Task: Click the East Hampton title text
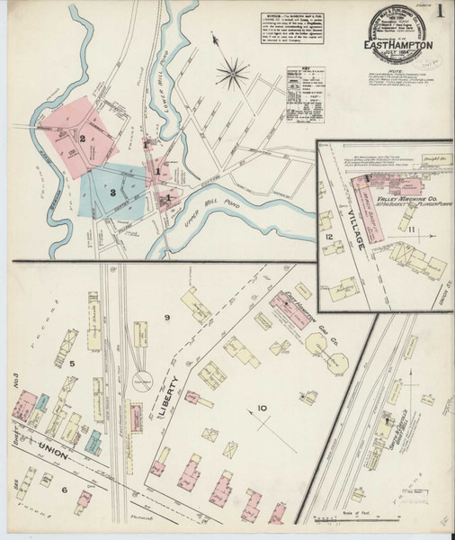click(399, 41)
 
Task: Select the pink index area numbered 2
click(83, 138)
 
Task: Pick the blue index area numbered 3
click(112, 191)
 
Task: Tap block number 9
click(166, 318)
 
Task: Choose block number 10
click(261, 409)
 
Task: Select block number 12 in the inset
click(330, 237)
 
